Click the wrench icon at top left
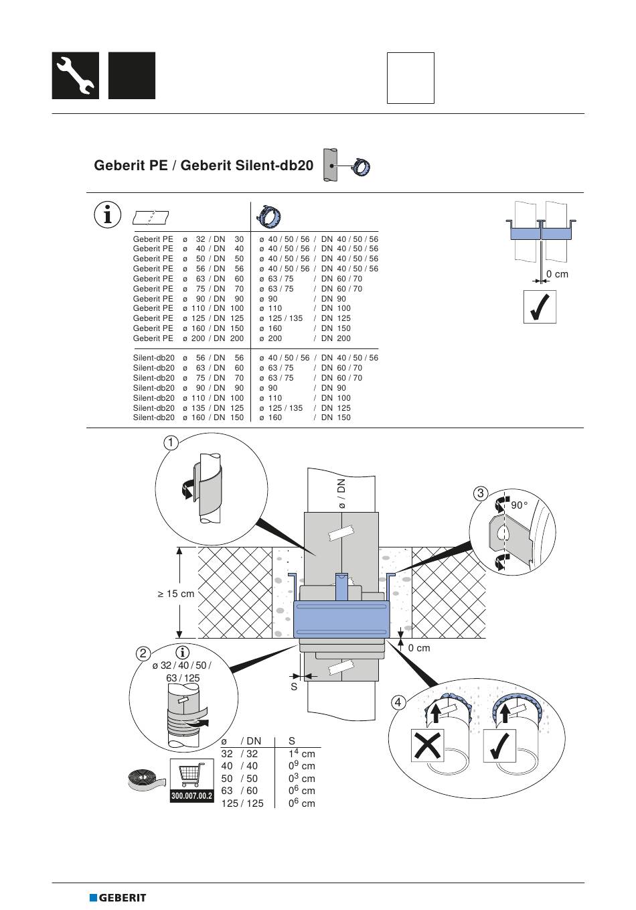[75, 76]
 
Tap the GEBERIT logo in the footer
[118, 897]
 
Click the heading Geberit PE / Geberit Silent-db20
[204, 165]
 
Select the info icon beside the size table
[107, 214]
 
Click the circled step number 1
[171, 442]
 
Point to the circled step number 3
[480, 494]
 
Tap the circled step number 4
[398, 702]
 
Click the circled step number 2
[143, 653]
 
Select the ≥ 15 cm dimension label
[176, 594]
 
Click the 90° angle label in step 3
[519, 506]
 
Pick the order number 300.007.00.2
[191, 796]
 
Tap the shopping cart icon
[191, 775]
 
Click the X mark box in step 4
[427, 745]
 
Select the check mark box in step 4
[499, 745]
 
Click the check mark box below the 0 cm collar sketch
[540, 307]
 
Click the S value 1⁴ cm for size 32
[301, 754]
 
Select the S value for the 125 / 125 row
[301, 803]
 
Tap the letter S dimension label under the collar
[293, 686]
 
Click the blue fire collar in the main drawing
[341, 619]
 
